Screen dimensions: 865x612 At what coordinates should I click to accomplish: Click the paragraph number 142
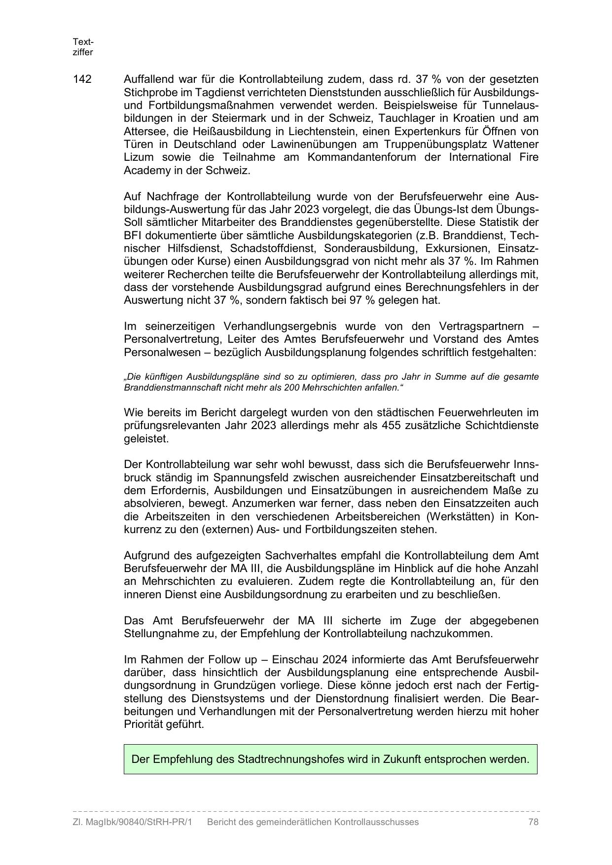click(82, 79)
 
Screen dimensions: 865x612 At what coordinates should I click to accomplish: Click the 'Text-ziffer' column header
click(83, 47)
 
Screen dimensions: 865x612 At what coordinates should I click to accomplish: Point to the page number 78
click(533, 822)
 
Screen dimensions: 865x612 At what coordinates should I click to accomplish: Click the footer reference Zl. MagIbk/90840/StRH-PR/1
click(132, 822)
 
